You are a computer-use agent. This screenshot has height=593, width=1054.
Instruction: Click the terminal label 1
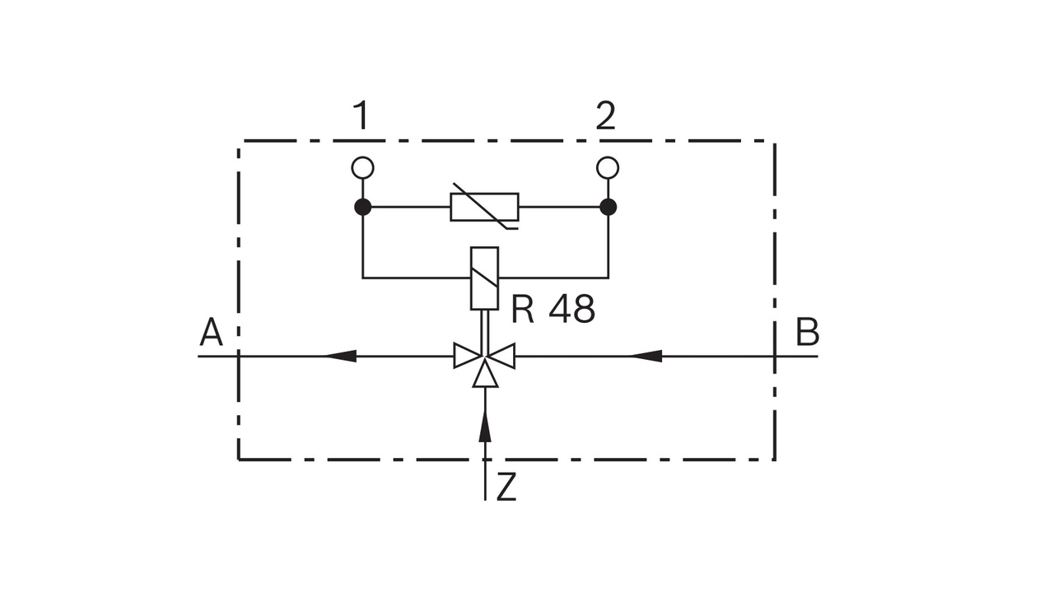[x=361, y=117]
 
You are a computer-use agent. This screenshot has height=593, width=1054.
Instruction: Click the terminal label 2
[x=605, y=117]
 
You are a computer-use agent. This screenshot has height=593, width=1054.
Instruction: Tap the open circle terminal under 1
[x=362, y=168]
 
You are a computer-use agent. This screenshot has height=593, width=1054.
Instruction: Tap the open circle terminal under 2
[x=608, y=168]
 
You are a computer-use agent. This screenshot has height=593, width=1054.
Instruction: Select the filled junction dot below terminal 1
[x=362, y=207]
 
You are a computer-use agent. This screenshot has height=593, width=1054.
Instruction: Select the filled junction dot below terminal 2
[x=608, y=207]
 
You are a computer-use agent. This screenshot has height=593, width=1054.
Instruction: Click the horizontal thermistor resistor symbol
[x=485, y=208]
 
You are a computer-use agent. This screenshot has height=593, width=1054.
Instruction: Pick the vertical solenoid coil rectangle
[x=485, y=278]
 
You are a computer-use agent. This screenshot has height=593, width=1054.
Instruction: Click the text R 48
[x=553, y=311]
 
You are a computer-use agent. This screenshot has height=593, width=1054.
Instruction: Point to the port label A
[x=212, y=334]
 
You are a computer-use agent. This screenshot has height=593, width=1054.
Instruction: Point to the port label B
[x=807, y=334]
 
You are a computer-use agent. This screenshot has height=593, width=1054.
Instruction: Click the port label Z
[x=506, y=488]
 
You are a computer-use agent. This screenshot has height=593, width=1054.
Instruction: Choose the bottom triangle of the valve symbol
[x=485, y=376]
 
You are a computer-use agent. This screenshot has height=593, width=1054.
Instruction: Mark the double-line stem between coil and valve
[x=485, y=326]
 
